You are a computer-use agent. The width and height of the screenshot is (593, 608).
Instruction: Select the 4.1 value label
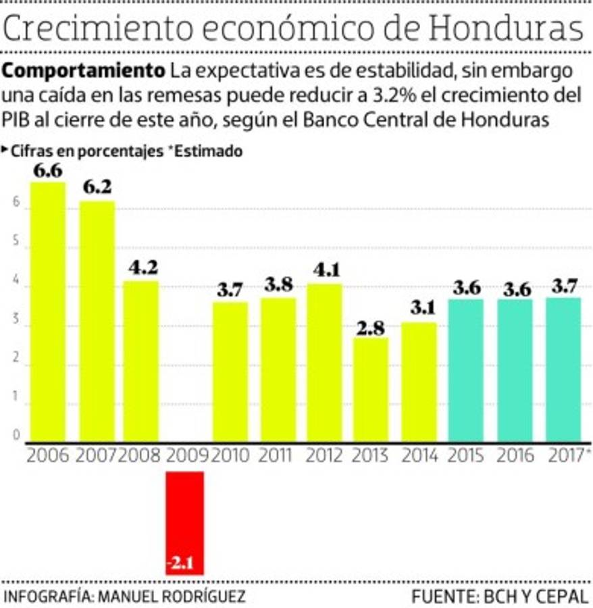click(x=324, y=270)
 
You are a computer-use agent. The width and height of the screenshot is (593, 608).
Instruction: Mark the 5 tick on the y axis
click(x=14, y=248)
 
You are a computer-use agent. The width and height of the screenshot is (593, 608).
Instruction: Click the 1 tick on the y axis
click(x=14, y=405)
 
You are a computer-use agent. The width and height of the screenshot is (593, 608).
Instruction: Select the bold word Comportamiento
click(x=84, y=70)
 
